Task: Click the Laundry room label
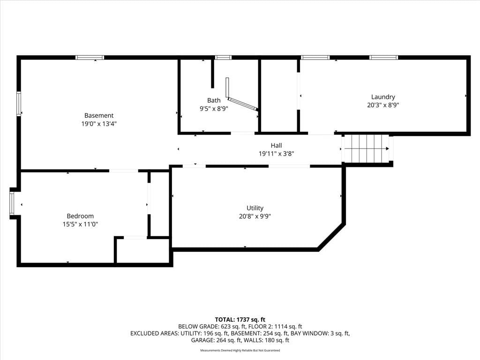[x=383, y=97]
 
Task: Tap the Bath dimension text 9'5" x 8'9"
[x=214, y=108]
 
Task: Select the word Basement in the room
[x=99, y=115]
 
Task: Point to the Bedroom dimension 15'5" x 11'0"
[x=80, y=224]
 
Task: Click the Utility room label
[x=255, y=208]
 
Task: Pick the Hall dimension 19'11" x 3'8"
[x=276, y=154]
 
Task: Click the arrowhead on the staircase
[x=387, y=149]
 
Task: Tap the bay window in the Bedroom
[x=12, y=203]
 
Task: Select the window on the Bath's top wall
[x=223, y=58]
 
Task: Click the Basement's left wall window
[x=19, y=104]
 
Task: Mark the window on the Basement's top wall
[x=90, y=58]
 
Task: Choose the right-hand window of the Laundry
[x=383, y=58]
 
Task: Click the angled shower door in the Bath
[x=243, y=104]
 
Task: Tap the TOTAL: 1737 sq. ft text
[x=240, y=320]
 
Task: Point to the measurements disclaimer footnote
[x=240, y=350]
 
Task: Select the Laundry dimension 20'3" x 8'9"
[x=383, y=105]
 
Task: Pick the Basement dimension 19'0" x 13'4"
[x=99, y=124]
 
